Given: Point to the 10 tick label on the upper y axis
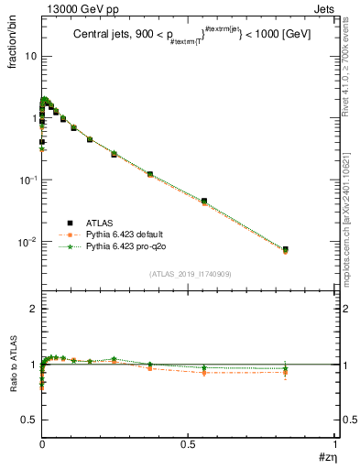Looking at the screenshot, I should click(30, 56).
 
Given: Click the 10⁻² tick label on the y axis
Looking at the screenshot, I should click(27, 243).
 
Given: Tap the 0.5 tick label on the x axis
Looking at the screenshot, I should click(190, 444).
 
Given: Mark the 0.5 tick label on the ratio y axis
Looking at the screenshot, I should click(29, 419).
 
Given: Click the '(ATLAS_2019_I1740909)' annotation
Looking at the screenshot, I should click(189, 274).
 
